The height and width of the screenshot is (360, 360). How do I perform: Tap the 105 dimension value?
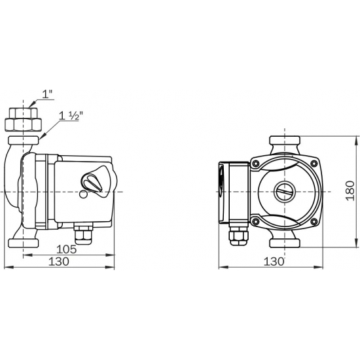(67, 249)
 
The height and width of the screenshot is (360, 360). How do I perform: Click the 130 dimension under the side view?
(59, 261)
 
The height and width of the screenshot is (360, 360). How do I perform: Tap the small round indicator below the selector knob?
(82, 194)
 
